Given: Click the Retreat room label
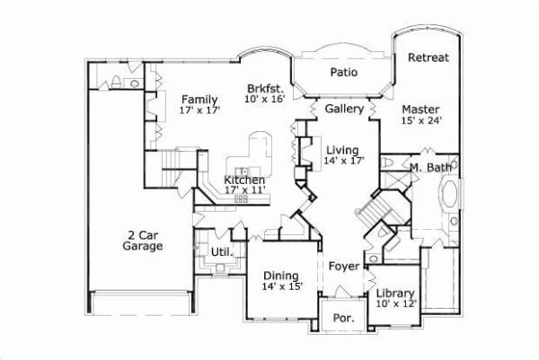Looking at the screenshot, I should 429,57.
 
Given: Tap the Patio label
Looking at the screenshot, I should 340,71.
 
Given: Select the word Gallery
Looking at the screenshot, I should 344,109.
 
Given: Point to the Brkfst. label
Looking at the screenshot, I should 266,89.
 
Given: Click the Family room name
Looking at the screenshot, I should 199,99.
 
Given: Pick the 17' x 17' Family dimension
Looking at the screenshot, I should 199,110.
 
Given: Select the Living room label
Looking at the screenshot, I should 342,150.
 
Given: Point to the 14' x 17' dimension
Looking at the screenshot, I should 342,162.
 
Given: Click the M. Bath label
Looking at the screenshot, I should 429,168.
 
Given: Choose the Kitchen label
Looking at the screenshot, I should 244,180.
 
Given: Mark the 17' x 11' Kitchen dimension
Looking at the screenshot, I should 244,191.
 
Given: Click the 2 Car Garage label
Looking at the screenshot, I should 143,239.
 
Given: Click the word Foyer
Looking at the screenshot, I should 344,267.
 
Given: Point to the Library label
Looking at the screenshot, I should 395,294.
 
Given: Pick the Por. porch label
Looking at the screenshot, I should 344,318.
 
